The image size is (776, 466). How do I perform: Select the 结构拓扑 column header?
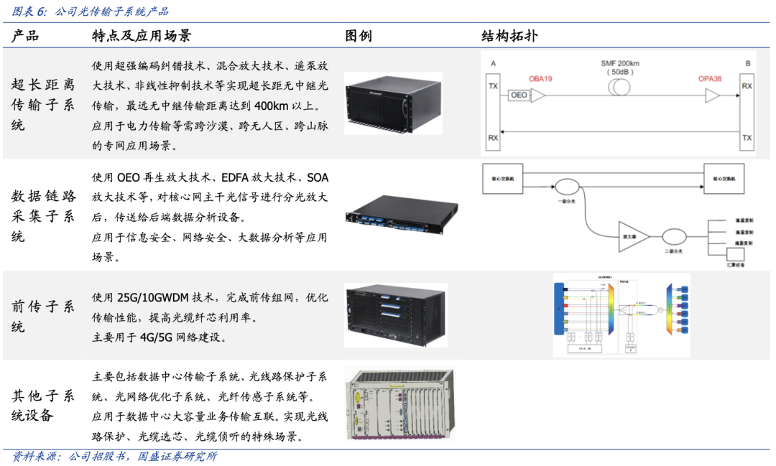coord(509,36)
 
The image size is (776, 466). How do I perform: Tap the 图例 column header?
coord(359,36)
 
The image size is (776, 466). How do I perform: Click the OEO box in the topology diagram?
coord(519,95)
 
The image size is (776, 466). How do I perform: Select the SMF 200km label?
coord(620,63)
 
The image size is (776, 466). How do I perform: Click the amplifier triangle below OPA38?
coord(712,95)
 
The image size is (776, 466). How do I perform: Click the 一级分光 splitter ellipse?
coord(566,187)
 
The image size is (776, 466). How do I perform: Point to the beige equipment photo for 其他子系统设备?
coord(399,406)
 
